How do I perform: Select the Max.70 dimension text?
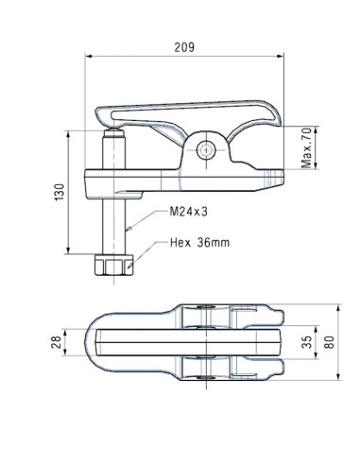pos(306,147)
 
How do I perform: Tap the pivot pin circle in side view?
pos(208,148)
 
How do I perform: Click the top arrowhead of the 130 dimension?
pos(68,132)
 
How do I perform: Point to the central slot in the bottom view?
pos(189,343)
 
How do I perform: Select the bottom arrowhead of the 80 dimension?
pos(337,380)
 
